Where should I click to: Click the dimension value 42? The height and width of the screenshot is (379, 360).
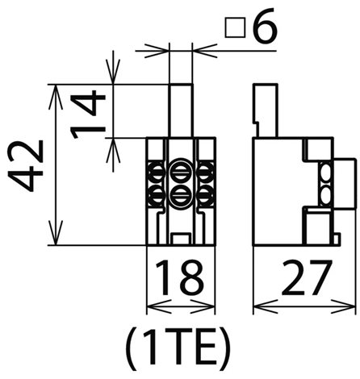[x=26, y=165]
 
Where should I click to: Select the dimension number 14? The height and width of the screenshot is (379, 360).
[x=87, y=114]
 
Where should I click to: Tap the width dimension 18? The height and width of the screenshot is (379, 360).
[x=179, y=277]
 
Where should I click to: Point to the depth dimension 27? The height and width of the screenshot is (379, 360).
[x=306, y=277]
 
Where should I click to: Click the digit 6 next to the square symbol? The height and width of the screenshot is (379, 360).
[x=265, y=26]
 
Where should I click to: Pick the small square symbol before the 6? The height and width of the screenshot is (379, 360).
[x=235, y=27]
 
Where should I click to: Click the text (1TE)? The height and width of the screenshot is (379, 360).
[x=178, y=349]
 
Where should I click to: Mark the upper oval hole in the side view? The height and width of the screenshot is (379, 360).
[x=325, y=173]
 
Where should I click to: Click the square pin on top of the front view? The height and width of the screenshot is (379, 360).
[x=181, y=110]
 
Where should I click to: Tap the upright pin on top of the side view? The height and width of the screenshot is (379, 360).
[x=265, y=110]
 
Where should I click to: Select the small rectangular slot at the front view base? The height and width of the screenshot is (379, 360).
[x=181, y=239]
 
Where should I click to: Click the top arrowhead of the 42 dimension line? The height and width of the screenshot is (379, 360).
[x=56, y=97]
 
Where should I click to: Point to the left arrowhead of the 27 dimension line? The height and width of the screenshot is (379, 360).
[x=265, y=306]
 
